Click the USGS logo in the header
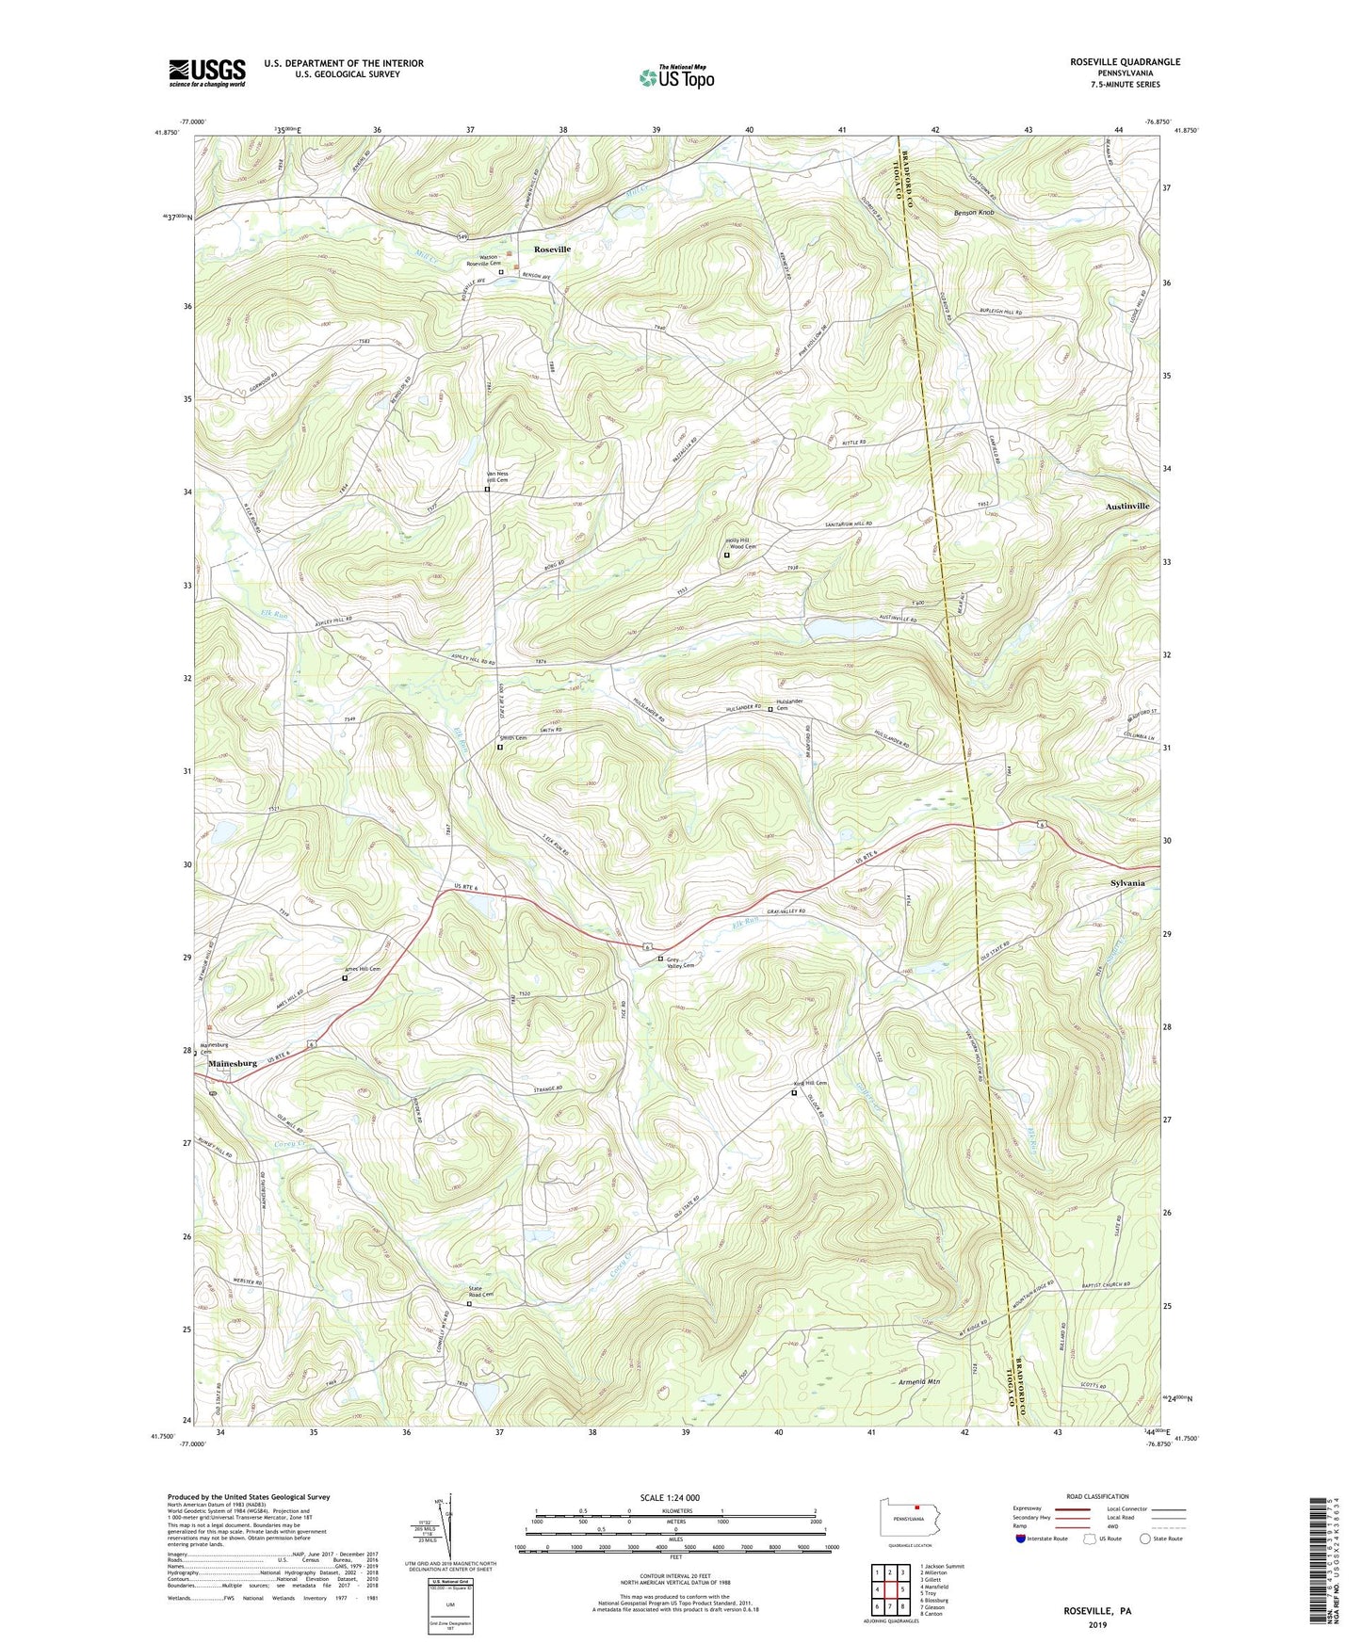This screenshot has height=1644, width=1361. coord(207,73)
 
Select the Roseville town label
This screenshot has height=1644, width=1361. coord(552,250)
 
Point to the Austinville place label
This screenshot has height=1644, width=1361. coord(1126,507)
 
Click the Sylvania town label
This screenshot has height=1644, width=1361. coord(1127,883)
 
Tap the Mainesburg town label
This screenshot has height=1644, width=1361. coord(233,1063)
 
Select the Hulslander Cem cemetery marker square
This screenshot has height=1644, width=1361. coord(770,709)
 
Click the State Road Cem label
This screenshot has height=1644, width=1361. coord(481,1292)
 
